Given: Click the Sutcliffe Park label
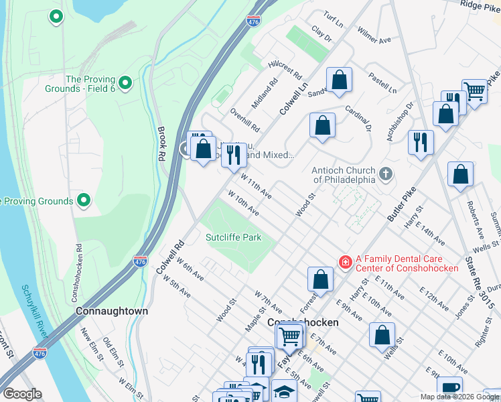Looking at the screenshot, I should (233, 237).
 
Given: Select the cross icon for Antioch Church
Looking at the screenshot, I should (385, 174).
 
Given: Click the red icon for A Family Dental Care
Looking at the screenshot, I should (345, 262).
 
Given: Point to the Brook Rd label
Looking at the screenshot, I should (161, 143).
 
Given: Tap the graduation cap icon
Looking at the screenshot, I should (285, 391).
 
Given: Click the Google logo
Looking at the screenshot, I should (22, 394).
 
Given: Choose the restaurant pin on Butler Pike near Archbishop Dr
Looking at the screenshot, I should (421, 142).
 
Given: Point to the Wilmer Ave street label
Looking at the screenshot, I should (374, 36).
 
